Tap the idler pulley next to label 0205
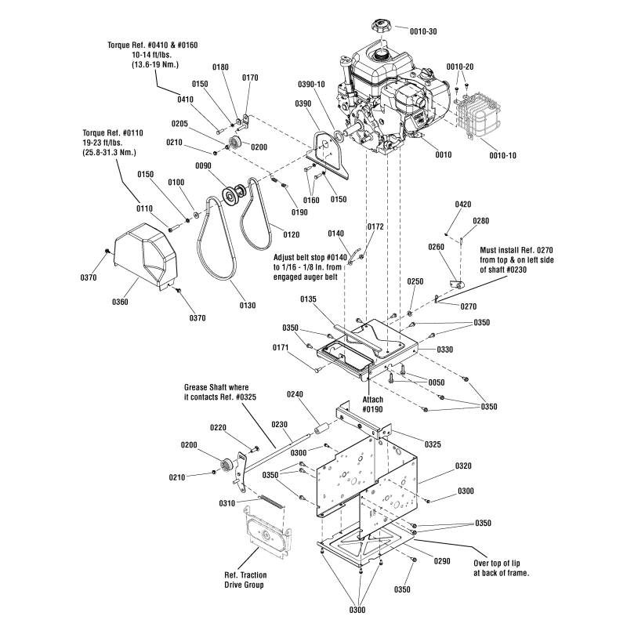click(x=232, y=144)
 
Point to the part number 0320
click(x=463, y=465)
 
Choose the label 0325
click(x=433, y=444)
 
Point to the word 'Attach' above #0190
click(x=372, y=400)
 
